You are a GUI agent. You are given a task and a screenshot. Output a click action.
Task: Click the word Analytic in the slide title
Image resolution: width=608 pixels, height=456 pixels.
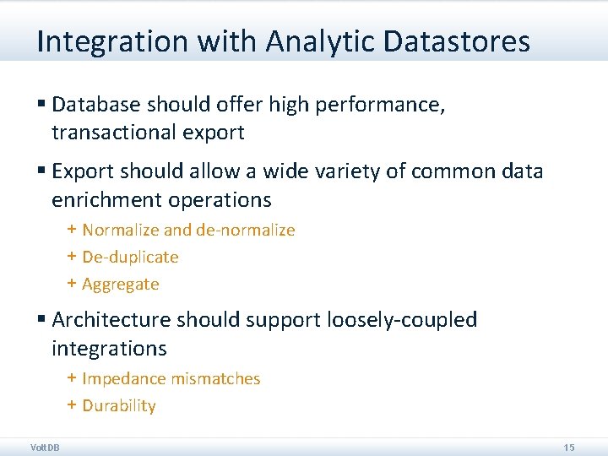coord(307,41)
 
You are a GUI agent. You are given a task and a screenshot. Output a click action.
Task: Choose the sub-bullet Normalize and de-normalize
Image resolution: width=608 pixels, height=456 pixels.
coord(188,230)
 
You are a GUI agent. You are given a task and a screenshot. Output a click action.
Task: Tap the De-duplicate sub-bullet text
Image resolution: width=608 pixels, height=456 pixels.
coord(130,257)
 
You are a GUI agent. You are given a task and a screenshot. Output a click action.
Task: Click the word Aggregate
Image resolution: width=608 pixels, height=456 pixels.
coord(120,284)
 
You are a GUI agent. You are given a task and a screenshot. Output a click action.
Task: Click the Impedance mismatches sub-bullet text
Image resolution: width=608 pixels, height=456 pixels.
coord(171,378)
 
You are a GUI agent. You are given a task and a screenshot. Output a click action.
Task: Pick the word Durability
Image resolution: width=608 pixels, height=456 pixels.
coord(119,405)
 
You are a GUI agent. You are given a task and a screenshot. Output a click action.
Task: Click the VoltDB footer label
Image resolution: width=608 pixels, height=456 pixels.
coord(45,447)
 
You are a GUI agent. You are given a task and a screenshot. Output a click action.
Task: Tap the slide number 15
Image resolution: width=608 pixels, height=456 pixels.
coord(568,447)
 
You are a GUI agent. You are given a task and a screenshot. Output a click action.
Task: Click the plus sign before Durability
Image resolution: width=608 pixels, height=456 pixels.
coord(72,405)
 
